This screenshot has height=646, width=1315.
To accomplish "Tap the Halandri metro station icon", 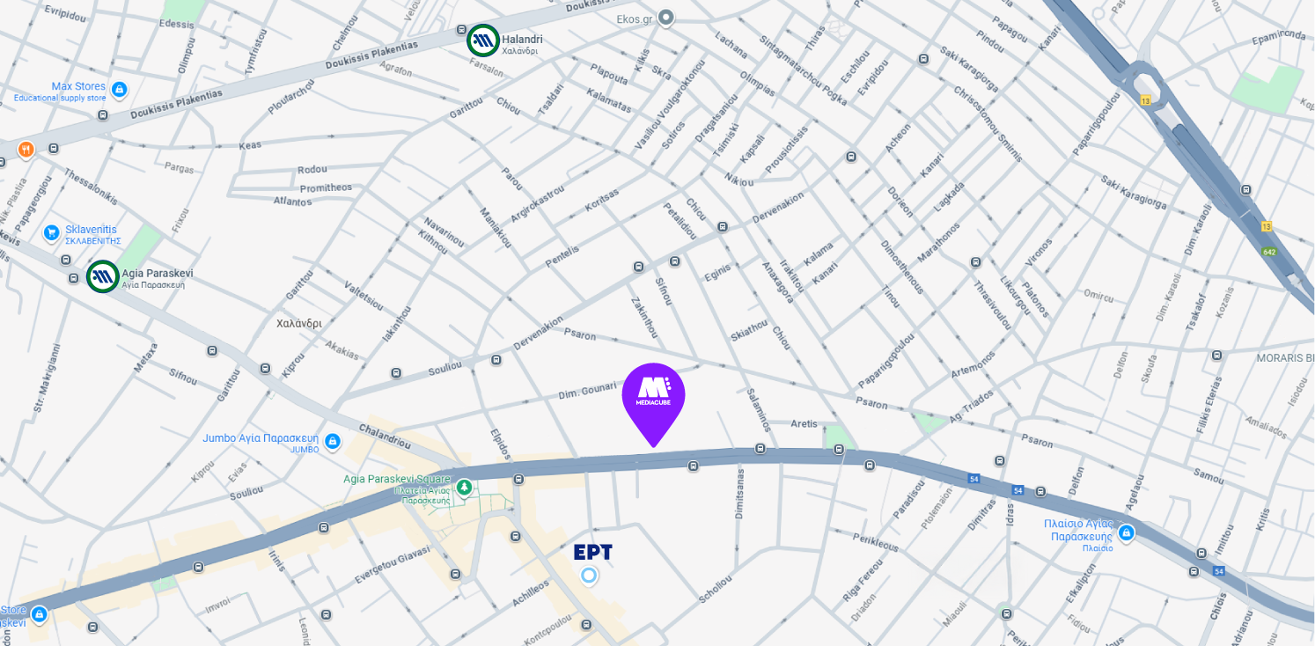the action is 483,39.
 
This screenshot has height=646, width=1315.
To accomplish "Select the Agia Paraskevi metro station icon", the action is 103,276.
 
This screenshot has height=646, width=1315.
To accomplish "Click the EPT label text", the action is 592,553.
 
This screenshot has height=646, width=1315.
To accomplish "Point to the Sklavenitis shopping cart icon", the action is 52,233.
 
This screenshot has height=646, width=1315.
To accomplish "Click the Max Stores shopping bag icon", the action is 120,90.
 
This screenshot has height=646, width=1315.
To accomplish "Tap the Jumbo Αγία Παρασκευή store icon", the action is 332,442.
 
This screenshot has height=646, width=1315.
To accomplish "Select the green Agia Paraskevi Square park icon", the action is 464,487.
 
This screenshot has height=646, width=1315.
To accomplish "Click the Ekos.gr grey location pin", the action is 666,17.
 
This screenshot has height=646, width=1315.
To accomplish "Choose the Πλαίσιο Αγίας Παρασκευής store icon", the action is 1127,532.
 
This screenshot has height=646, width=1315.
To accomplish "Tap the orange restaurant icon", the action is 26,149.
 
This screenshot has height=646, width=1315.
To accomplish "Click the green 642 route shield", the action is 1269,252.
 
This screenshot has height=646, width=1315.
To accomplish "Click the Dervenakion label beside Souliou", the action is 537,335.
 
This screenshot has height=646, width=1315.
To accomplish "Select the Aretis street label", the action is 804,423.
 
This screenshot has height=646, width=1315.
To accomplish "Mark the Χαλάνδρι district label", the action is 299,323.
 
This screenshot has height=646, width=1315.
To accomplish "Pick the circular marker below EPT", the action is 589,576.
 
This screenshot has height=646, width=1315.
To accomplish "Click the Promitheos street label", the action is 326,187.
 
